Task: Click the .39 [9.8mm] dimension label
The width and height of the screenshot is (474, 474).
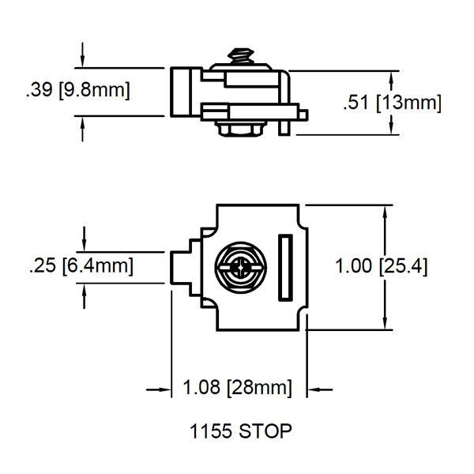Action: click(x=78, y=89)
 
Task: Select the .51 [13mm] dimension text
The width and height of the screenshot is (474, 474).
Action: click(x=392, y=103)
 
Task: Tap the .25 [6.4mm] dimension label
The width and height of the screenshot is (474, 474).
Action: click(x=81, y=265)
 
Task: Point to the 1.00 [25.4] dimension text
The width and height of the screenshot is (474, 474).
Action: click(x=382, y=266)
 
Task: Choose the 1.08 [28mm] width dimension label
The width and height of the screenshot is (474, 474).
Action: click(x=238, y=387)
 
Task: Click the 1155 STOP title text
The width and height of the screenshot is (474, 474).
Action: click(x=241, y=431)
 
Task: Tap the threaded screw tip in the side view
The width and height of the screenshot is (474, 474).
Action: click(x=241, y=55)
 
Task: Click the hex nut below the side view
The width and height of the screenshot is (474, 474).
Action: click(x=241, y=129)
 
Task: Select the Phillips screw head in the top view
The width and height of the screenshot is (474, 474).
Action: click(x=241, y=267)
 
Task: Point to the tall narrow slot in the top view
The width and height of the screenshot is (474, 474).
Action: click(x=285, y=268)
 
